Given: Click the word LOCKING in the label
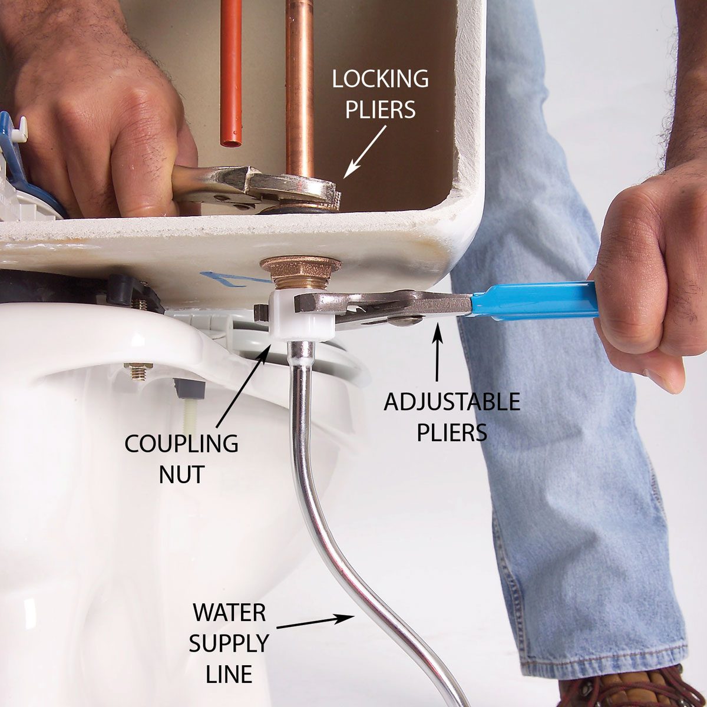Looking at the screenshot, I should [x=380, y=79].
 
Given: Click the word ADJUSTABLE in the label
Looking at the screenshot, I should [x=452, y=402].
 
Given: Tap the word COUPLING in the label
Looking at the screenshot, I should [x=181, y=444].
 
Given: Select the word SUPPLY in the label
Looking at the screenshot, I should [x=229, y=644].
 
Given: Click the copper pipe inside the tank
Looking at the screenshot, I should [x=299, y=88].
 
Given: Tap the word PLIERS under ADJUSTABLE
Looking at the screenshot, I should [x=452, y=432].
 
